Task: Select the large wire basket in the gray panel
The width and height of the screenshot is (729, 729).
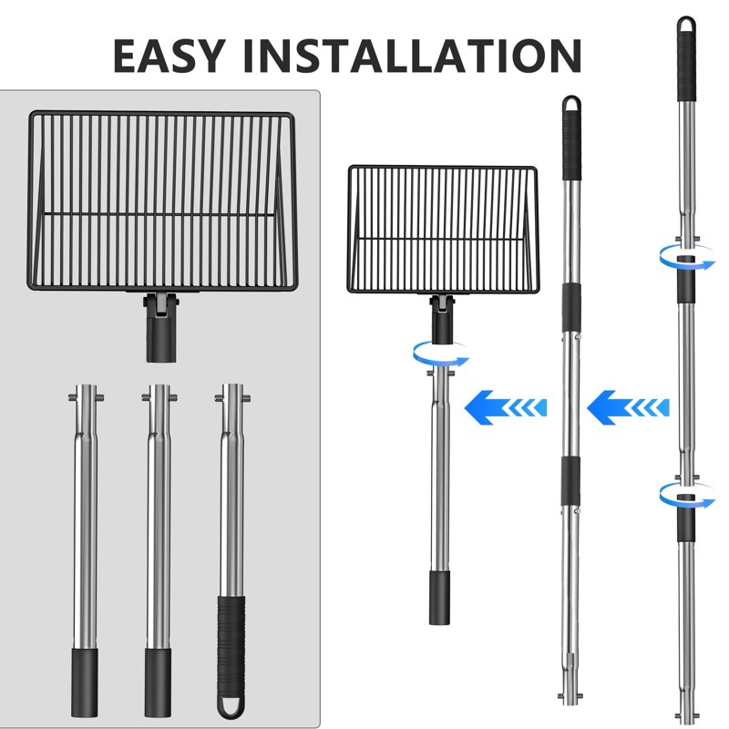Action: (160, 197)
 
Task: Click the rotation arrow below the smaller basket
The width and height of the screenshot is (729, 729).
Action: (441, 354)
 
